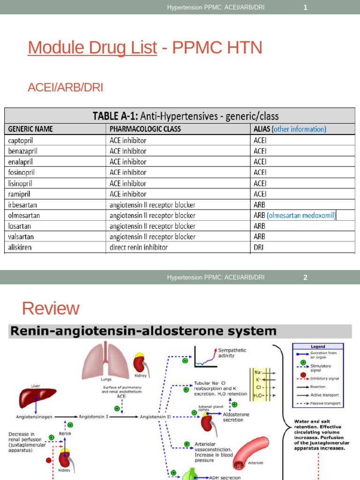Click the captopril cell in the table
pyautogui.click(x=21, y=140)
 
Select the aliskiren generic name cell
pyautogui.click(x=20, y=247)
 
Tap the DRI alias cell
pyautogui.click(x=259, y=247)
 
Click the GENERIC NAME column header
pyautogui.click(x=30, y=129)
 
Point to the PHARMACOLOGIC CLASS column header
pyautogui.click(x=145, y=129)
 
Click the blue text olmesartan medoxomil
pyautogui.click(x=301, y=216)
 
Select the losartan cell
pyautogui.click(x=19, y=226)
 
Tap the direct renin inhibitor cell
pyautogui.click(x=138, y=247)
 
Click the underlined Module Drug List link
pyautogui.click(x=92, y=48)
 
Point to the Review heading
pyautogui.click(x=51, y=308)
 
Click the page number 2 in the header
pyautogui.click(x=305, y=277)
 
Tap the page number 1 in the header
pyautogui.click(x=305, y=7)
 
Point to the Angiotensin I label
pyautogui.click(x=95, y=416)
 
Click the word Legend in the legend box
pyautogui.click(x=318, y=346)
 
